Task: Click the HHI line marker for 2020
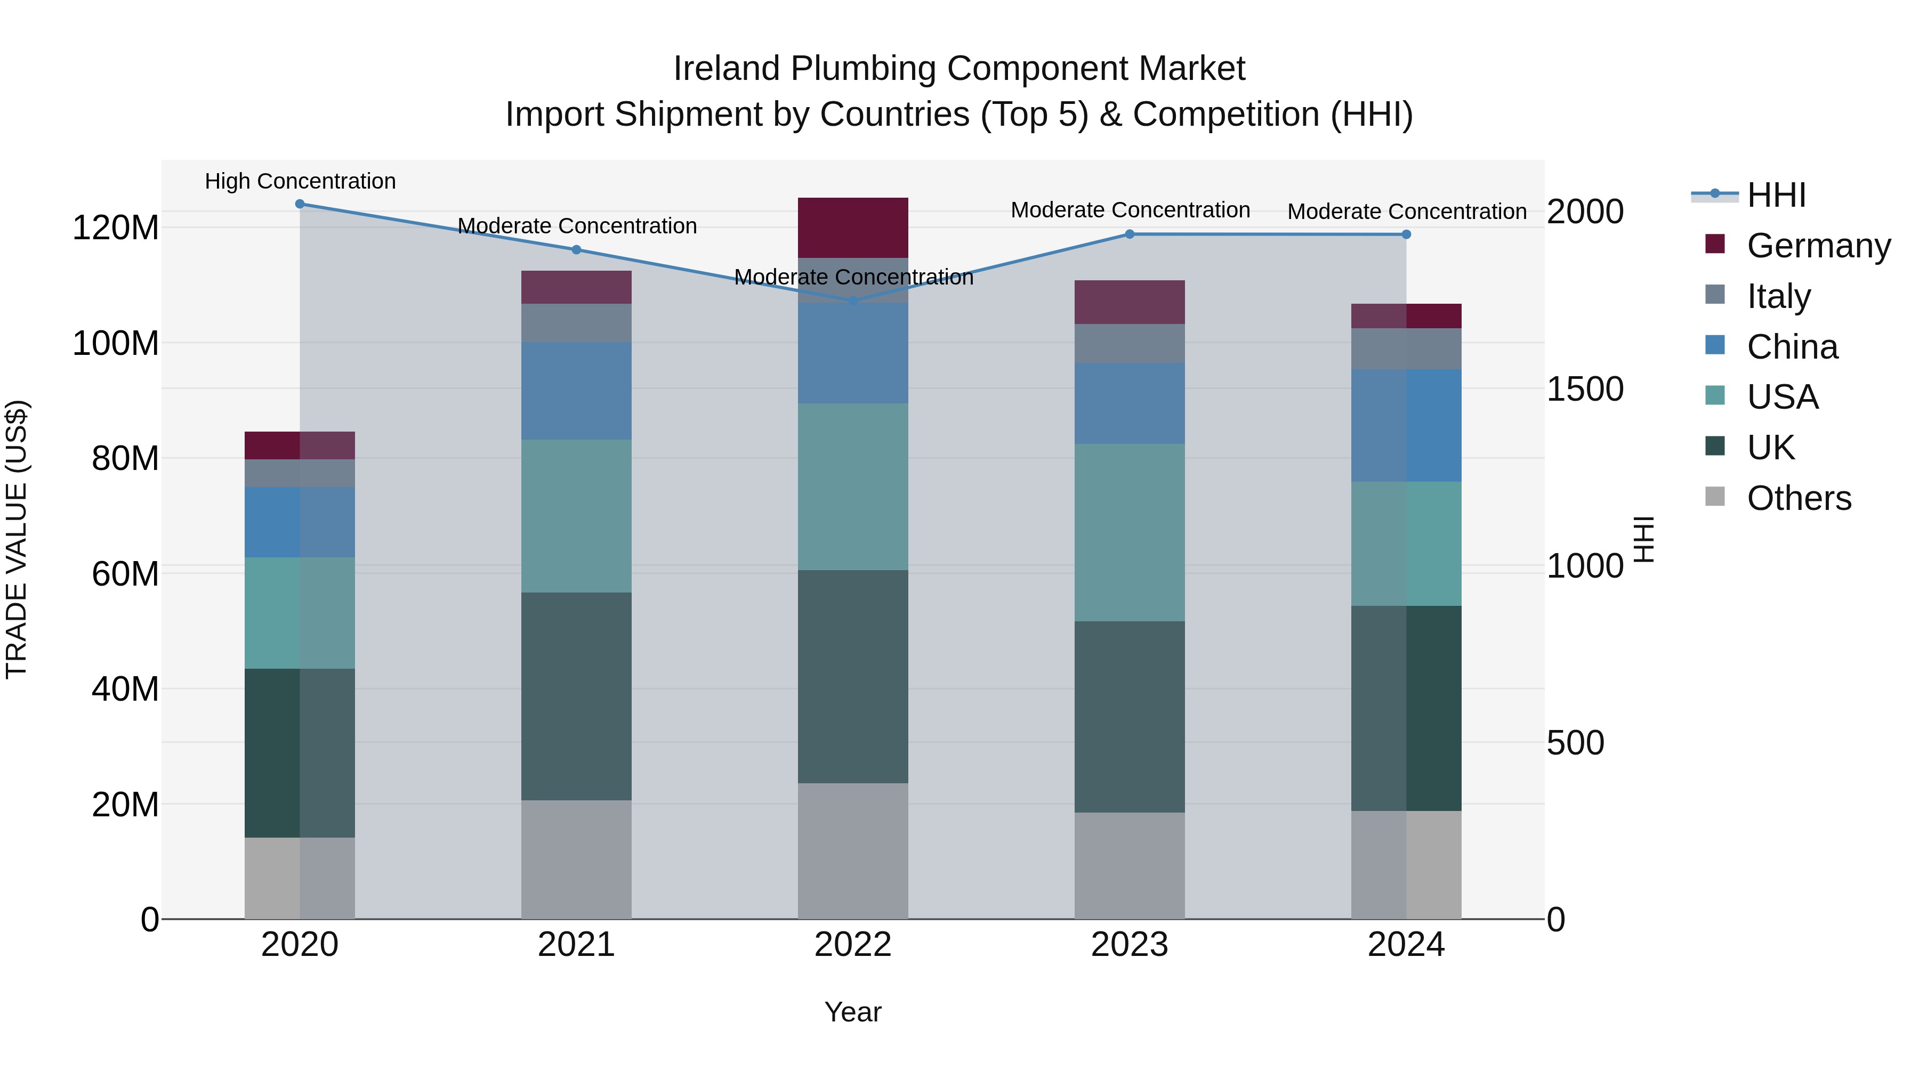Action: click(300, 204)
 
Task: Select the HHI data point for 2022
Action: click(853, 301)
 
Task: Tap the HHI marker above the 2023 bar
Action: click(1130, 234)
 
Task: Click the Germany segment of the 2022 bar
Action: click(853, 227)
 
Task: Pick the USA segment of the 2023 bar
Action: click(1130, 532)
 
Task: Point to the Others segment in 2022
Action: click(853, 850)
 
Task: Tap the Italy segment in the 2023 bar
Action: click(1130, 343)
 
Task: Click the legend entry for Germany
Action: click(1818, 246)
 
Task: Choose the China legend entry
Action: click(1792, 347)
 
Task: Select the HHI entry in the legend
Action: click(1776, 195)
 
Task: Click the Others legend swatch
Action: click(1715, 497)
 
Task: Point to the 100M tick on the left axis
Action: click(116, 343)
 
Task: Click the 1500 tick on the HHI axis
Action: click(1585, 389)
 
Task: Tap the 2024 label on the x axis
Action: click(1406, 945)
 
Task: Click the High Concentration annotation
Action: click(300, 181)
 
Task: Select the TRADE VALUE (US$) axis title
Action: click(17, 539)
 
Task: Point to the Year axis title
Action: click(852, 1012)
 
